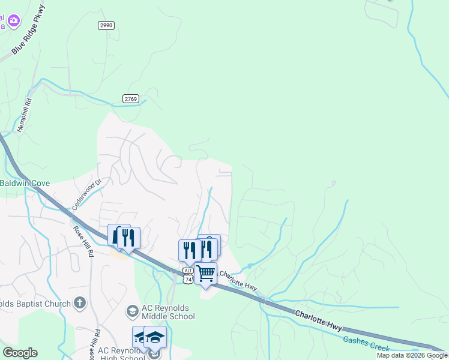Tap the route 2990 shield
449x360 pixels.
click(x=106, y=25)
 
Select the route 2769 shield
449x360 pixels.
click(x=131, y=98)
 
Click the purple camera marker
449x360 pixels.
click(x=14, y=21)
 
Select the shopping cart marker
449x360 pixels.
click(x=205, y=274)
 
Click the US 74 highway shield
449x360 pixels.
click(x=188, y=279)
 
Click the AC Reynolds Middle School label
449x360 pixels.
click(x=168, y=313)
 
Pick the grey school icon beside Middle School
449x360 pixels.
click(x=132, y=310)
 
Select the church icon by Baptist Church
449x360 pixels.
click(x=79, y=304)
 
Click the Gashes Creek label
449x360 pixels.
click(x=366, y=344)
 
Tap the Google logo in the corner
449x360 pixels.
click(x=20, y=353)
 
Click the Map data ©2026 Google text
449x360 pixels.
click(x=412, y=355)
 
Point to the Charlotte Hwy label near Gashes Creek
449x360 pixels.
click(x=318, y=319)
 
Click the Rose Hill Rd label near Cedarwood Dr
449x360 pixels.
click(x=83, y=241)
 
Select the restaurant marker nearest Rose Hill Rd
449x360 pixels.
click(x=128, y=238)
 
